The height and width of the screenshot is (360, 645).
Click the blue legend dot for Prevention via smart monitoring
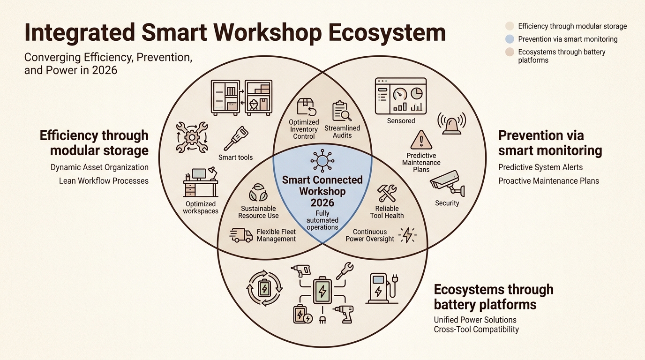click(x=510, y=39)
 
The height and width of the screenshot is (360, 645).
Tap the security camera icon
click(x=447, y=184)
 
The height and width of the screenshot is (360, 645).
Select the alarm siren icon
click(x=451, y=123)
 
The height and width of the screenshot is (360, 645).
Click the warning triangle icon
click(x=421, y=140)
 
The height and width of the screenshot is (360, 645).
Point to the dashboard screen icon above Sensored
click(x=401, y=96)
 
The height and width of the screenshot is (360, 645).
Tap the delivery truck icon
click(x=241, y=235)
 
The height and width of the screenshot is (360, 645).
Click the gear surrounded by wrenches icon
click(x=192, y=137)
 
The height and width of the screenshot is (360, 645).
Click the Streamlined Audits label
click(x=342, y=131)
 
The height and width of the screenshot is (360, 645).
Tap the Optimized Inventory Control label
click(x=304, y=129)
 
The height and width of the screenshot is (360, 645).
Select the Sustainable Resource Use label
click(x=258, y=212)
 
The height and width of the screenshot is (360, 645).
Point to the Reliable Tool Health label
click(x=387, y=212)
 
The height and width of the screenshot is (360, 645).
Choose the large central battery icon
click(x=322, y=291)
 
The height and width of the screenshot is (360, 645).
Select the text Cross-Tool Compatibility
click(x=476, y=329)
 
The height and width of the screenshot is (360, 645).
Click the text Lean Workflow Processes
click(x=104, y=180)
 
